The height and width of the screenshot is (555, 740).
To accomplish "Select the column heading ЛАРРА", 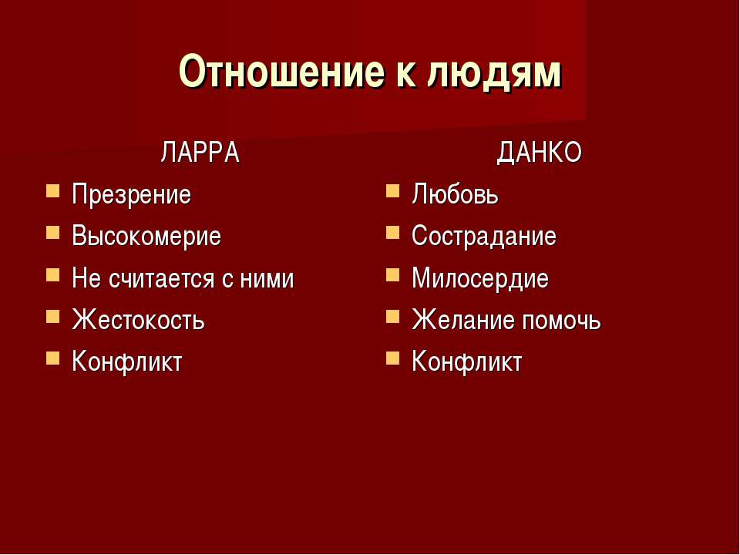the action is pyautogui.click(x=200, y=153).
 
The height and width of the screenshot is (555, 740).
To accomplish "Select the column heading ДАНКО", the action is pyautogui.click(x=540, y=153).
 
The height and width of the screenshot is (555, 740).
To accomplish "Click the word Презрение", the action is pyautogui.click(x=131, y=194).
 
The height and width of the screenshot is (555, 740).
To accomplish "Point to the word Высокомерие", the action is pyautogui.click(x=146, y=236).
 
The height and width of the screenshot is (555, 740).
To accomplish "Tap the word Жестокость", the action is pyautogui.click(x=138, y=319).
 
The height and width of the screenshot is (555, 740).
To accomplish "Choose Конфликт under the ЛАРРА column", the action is pyautogui.click(x=127, y=362).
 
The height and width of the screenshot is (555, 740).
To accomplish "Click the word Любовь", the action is pyautogui.click(x=455, y=194).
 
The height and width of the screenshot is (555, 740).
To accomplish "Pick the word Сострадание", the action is pyautogui.click(x=484, y=236).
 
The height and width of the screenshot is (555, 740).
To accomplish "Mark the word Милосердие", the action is pyautogui.click(x=480, y=278).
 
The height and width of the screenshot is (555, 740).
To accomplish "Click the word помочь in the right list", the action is pyautogui.click(x=561, y=320).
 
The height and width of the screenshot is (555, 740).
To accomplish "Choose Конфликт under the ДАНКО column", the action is pyautogui.click(x=467, y=362).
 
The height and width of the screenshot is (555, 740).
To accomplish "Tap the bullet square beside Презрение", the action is pyautogui.click(x=53, y=190).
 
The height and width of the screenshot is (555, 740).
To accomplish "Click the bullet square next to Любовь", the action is pyautogui.click(x=392, y=190).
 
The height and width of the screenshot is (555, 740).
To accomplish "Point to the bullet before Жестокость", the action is pyautogui.click(x=53, y=316).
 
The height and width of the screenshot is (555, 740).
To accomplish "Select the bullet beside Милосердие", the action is pyautogui.click(x=392, y=274).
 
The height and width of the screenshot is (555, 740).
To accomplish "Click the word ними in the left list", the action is pyautogui.click(x=267, y=279).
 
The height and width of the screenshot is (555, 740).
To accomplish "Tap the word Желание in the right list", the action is pyautogui.click(x=463, y=319).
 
